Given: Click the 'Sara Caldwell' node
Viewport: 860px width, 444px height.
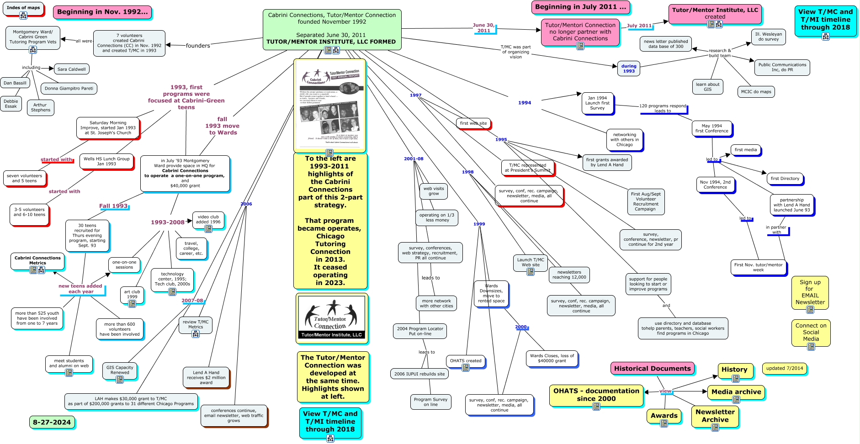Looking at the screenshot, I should [72, 69].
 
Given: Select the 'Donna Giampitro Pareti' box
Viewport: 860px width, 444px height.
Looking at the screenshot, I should [69, 89].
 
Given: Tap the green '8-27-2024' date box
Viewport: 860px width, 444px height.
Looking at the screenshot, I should [52, 422].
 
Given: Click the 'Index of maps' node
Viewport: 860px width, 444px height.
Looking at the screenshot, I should [23, 8].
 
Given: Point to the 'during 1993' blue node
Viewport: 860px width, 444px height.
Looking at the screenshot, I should [629, 69].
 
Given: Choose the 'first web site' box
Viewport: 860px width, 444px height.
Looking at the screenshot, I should [473, 123].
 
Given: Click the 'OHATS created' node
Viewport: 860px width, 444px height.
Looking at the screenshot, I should [466, 361].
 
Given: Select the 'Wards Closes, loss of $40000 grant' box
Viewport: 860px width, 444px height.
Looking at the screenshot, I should [552, 358].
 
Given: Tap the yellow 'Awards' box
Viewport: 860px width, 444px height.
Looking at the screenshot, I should [664, 416].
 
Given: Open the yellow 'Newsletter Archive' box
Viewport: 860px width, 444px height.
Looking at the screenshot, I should [715, 416].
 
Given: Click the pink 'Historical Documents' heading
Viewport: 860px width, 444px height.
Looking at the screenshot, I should [652, 369].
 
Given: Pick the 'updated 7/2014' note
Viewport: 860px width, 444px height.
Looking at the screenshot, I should [784, 368].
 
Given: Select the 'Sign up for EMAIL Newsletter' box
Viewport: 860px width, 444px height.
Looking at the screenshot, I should [810, 292].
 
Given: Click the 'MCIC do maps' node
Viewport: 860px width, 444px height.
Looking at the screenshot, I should [756, 92].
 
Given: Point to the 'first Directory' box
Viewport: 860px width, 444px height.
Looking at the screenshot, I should [785, 179].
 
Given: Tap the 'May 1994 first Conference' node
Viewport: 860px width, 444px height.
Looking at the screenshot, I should [711, 128].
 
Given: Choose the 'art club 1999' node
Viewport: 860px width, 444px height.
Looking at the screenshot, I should [132, 295].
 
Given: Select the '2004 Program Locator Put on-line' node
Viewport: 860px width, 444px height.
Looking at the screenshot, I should [420, 331].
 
